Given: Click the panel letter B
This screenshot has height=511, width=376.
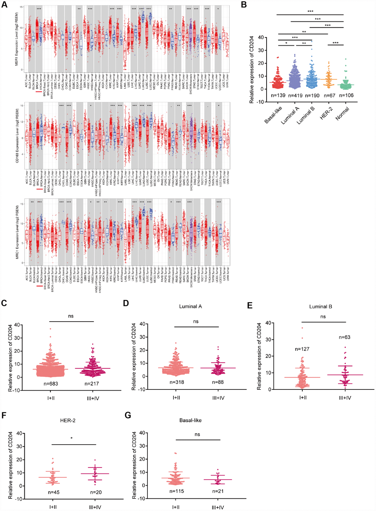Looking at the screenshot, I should (x=244, y=4).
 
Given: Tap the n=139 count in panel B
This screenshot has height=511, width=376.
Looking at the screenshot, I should (x=278, y=95).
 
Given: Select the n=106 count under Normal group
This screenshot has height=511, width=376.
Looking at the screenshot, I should (x=346, y=95).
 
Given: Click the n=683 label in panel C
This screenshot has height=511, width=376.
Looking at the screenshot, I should (x=51, y=384).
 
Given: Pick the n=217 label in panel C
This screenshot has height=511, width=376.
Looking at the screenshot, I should (x=92, y=384).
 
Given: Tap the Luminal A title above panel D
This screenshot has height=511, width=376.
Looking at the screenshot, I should (x=190, y=307).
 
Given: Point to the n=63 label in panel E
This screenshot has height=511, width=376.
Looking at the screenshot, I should (x=344, y=337).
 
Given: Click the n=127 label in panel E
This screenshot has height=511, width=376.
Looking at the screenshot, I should (x=302, y=349).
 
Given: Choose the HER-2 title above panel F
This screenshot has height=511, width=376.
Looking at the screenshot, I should (x=68, y=420).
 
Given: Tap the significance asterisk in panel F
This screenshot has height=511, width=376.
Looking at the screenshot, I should (x=72, y=438).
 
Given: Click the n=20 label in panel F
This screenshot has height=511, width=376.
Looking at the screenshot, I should (x=95, y=492).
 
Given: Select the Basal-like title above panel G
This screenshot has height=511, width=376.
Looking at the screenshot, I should (x=190, y=420).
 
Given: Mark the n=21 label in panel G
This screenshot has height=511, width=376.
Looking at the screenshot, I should (x=218, y=491).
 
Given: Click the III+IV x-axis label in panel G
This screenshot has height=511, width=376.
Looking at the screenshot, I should (x=218, y=507).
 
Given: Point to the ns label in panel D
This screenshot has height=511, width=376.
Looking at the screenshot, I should (x=196, y=322).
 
